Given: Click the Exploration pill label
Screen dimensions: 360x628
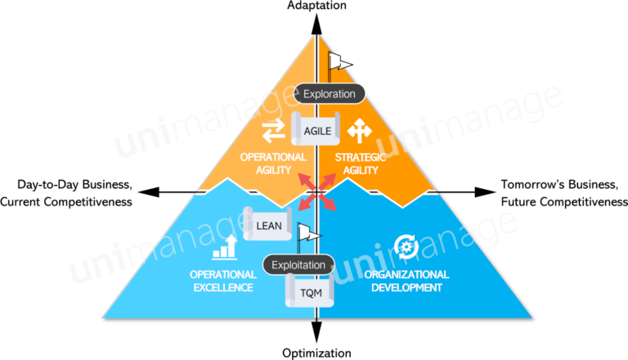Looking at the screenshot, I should tap(330, 93).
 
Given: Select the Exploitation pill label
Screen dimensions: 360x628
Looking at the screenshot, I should tap(299, 264).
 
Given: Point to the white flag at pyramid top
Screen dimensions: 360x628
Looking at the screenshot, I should tap(339, 62).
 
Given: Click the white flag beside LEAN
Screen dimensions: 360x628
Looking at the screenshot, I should tap(309, 235).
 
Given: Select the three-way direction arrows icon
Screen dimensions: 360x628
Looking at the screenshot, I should tap(358, 131).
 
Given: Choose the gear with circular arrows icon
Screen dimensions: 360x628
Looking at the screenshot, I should tap(406, 245).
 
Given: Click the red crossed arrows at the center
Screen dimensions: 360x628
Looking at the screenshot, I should tap(315, 191).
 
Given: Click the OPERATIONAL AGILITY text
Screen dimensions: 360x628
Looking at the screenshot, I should tap(273, 163).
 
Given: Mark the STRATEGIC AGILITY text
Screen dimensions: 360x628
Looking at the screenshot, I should tap(361, 163).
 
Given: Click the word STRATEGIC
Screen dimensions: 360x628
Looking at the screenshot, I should tap(361, 156).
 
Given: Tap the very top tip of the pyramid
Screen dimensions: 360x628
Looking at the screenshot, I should tap(316, 34).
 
